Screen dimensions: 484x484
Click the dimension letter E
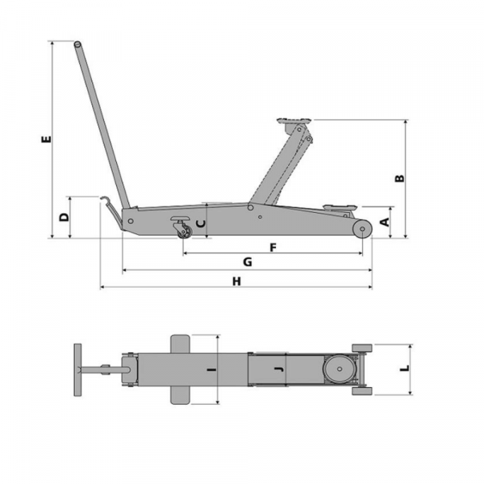tap(46, 139)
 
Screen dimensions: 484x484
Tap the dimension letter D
tap(65, 217)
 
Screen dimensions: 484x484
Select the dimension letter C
tap(201, 223)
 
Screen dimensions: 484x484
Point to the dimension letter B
tap(400, 178)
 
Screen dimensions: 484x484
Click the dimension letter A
tap(386, 222)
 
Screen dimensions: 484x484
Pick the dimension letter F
tap(273, 248)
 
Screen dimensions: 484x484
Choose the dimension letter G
tap(248, 261)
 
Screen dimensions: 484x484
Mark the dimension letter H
tap(236, 282)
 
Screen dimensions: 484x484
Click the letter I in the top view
tap(211, 369)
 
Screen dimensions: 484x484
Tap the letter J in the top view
tap(279, 369)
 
